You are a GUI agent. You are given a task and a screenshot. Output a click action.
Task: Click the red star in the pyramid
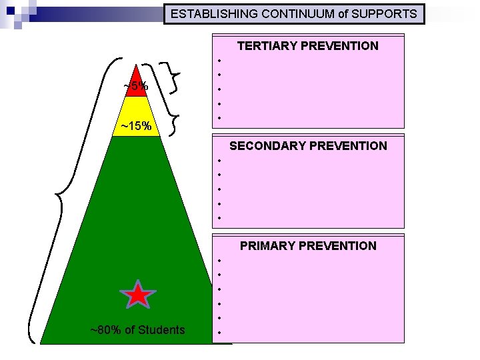pyautogui.click(x=137, y=294)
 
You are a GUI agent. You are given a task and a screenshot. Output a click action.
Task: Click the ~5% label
pyautogui.click(x=136, y=86)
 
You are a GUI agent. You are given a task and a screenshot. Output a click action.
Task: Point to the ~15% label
pyautogui.click(x=136, y=126)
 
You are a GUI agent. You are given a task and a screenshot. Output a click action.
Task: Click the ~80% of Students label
pyautogui.click(x=137, y=329)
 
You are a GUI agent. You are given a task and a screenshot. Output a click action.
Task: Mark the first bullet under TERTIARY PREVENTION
pyautogui.click(x=219, y=59)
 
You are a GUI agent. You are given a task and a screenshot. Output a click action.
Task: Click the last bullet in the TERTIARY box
pyautogui.click(x=219, y=119)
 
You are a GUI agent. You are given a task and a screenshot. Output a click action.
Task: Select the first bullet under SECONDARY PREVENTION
pyautogui.click(x=219, y=160)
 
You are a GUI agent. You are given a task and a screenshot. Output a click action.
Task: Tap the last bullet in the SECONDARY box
pyautogui.click(x=219, y=218)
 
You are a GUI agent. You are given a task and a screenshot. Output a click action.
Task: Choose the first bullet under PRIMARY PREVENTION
pyautogui.click(x=219, y=260)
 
